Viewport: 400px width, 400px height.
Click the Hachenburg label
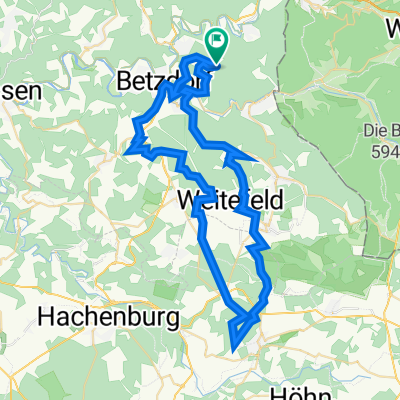click(x=110, y=318)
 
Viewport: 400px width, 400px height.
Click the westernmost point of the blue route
click(x=128, y=152)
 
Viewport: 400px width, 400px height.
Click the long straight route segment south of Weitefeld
click(x=218, y=260)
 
